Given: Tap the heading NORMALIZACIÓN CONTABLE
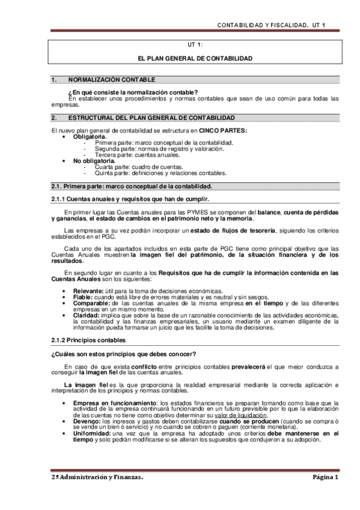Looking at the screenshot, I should coord(111,79).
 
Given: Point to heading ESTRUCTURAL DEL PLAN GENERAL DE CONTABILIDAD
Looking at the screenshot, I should coord(151,117).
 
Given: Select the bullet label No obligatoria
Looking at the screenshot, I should coord(94,161).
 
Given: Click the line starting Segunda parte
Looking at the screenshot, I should coord(151,149).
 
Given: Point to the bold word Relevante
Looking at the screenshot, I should coord(88,290).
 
